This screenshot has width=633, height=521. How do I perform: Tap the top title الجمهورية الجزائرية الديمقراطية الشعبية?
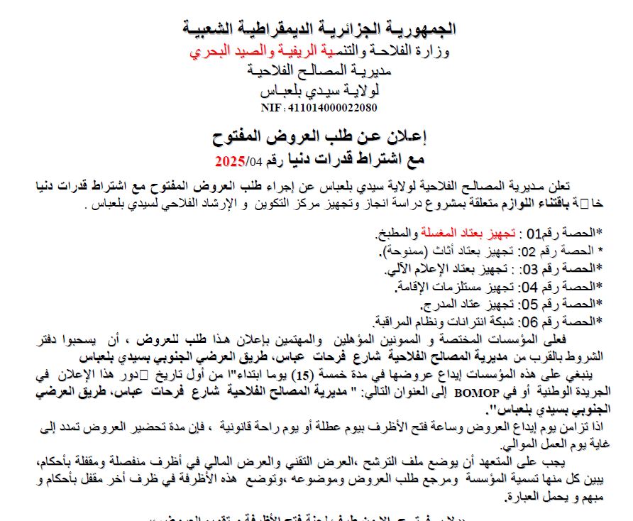coord(319,29)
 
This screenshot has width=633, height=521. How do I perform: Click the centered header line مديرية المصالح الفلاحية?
coord(319,70)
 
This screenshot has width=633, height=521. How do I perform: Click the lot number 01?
coord(533,231)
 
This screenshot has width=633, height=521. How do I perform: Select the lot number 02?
coord(529,251)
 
